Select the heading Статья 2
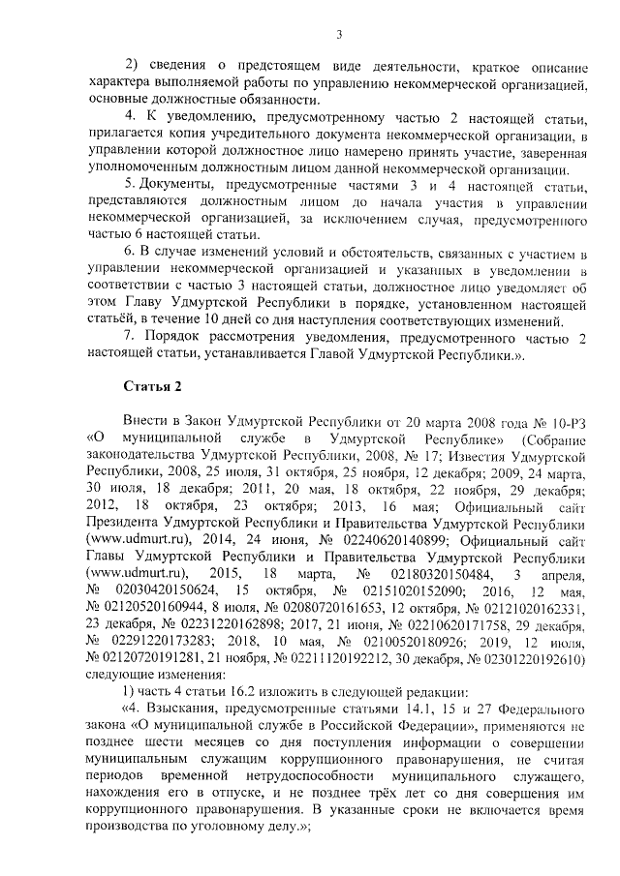coord(152,387)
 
